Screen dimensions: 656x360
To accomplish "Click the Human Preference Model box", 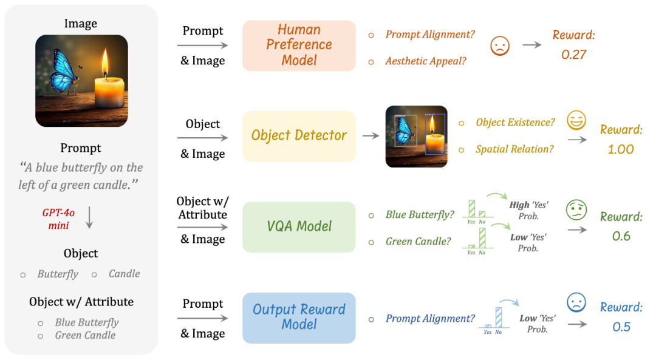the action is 299,46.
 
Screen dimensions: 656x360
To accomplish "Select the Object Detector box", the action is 299,137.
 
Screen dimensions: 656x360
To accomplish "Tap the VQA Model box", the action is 299,227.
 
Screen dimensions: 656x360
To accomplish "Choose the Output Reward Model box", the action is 299,318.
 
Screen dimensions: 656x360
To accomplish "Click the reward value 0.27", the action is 573,55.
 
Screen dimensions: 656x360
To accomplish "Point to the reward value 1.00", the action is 621,149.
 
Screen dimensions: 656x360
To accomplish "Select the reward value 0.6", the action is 621,236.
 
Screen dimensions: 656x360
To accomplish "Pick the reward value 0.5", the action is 621,327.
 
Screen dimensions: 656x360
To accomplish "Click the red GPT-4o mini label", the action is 58,219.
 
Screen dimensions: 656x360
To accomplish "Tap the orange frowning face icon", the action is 499,46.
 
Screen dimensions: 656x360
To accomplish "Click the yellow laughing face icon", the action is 576,120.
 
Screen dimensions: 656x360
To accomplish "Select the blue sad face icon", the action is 576,302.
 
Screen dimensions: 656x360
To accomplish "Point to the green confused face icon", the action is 576,210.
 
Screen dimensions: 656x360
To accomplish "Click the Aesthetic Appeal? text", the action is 425,61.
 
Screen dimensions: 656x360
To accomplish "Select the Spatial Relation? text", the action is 514,149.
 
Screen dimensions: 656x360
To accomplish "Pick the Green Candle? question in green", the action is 419,242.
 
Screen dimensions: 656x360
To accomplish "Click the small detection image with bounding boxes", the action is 416,137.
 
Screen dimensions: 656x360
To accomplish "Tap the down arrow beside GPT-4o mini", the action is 89,217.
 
